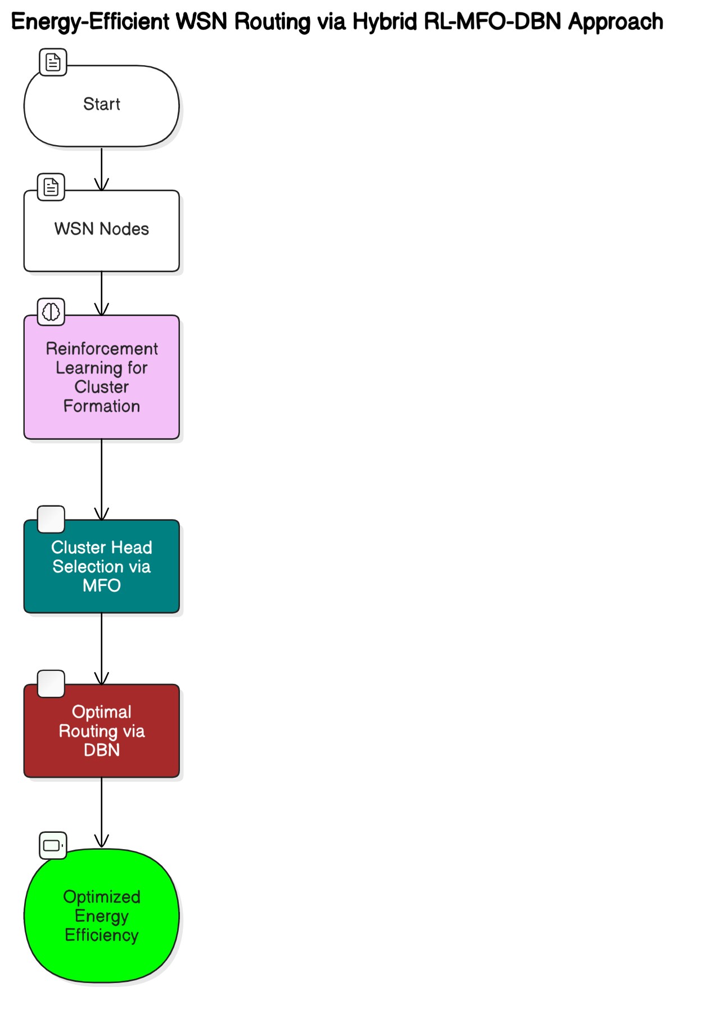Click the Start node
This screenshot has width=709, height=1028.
point(101,106)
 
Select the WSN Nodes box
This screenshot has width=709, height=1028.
point(101,231)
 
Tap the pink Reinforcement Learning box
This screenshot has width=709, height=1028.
point(101,377)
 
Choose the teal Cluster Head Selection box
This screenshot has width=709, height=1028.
point(101,566)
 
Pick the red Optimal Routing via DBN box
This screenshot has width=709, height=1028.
point(101,731)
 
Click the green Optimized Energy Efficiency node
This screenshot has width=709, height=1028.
point(101,916)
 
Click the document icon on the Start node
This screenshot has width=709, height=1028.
point(53,62)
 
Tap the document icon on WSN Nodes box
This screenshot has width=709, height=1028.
point(51,187)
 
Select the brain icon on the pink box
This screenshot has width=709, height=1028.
point(51,312)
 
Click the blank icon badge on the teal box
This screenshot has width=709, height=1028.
point(51,519)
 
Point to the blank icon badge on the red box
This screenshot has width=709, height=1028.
point(51,684)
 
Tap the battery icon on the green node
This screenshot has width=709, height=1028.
point(53,845)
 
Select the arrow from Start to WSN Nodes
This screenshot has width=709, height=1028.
point(101,169)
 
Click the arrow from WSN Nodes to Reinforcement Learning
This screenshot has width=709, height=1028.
point(101,293)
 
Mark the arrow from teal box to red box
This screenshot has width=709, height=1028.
point(101,648)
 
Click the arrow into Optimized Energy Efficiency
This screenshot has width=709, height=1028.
point(101,813)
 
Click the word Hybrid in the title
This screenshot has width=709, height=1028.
point(384,22)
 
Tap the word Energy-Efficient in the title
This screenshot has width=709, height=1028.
point(90,22)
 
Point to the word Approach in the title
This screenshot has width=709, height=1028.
point(615,22)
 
